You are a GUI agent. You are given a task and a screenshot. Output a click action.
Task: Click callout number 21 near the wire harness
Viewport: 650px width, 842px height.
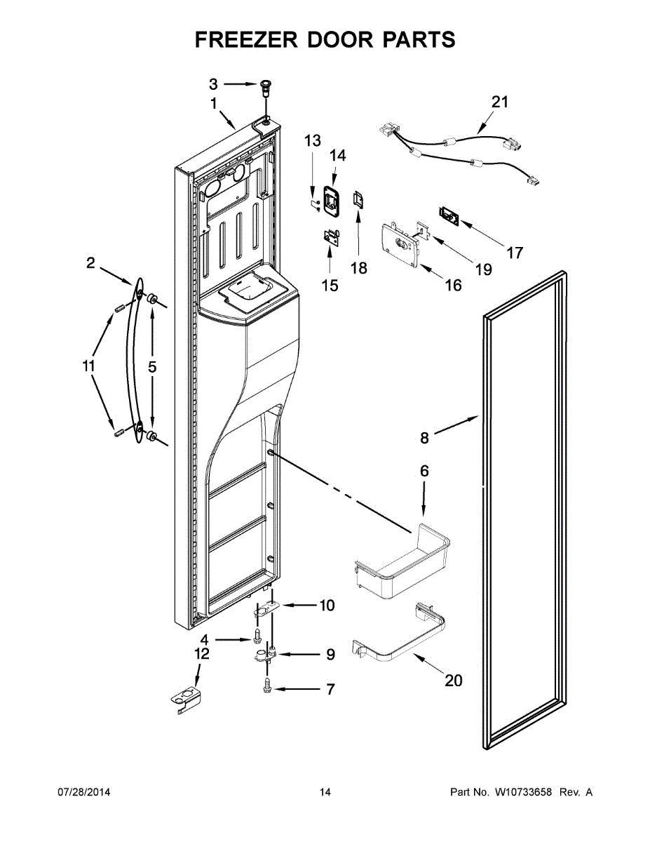(x=499, y=102)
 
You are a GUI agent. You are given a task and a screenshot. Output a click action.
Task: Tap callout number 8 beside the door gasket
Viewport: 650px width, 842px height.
(x=424, y=439)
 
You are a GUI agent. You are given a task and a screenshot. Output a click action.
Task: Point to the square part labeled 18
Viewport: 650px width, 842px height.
(x=358, y=200)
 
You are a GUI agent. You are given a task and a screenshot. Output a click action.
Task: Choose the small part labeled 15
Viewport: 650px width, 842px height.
(x=330, y=239)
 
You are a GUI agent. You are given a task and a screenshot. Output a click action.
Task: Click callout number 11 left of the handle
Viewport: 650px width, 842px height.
(x=88, y=366)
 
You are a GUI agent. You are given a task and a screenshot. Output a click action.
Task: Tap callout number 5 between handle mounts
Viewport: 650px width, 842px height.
(x=152, y=366)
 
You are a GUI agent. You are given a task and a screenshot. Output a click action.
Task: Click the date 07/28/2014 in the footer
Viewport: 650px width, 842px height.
(x=83, y=792)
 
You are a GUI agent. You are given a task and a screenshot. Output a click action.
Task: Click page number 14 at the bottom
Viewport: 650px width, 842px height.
(x=325, y=792)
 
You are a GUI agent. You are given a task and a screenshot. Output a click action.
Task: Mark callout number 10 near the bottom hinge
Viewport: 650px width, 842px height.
(x=327, y=605)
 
